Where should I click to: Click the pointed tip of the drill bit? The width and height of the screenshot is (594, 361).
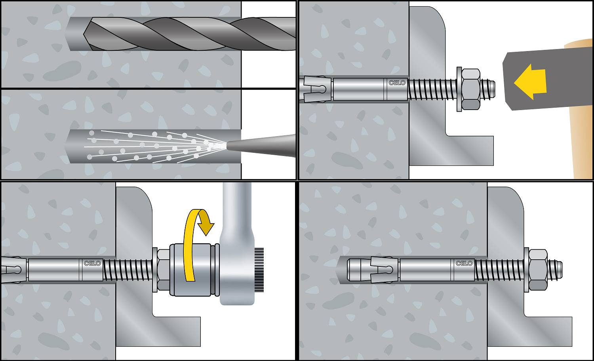tap(84, 34)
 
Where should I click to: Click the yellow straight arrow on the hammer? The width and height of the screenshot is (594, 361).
tap(530, 82)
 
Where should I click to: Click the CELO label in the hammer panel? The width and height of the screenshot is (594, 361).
tap(397, 83)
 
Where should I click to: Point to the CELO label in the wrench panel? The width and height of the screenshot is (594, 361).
tap(92, 263)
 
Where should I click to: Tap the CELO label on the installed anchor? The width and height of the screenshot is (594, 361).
tap(464, 263)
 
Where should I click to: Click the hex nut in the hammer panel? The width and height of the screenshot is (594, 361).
tap(471, 89)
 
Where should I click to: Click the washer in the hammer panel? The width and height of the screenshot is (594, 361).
tap(459, 89)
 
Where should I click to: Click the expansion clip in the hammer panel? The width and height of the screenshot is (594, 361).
tap(316, 89)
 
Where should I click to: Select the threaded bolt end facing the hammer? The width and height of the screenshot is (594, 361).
tap(487, 89)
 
